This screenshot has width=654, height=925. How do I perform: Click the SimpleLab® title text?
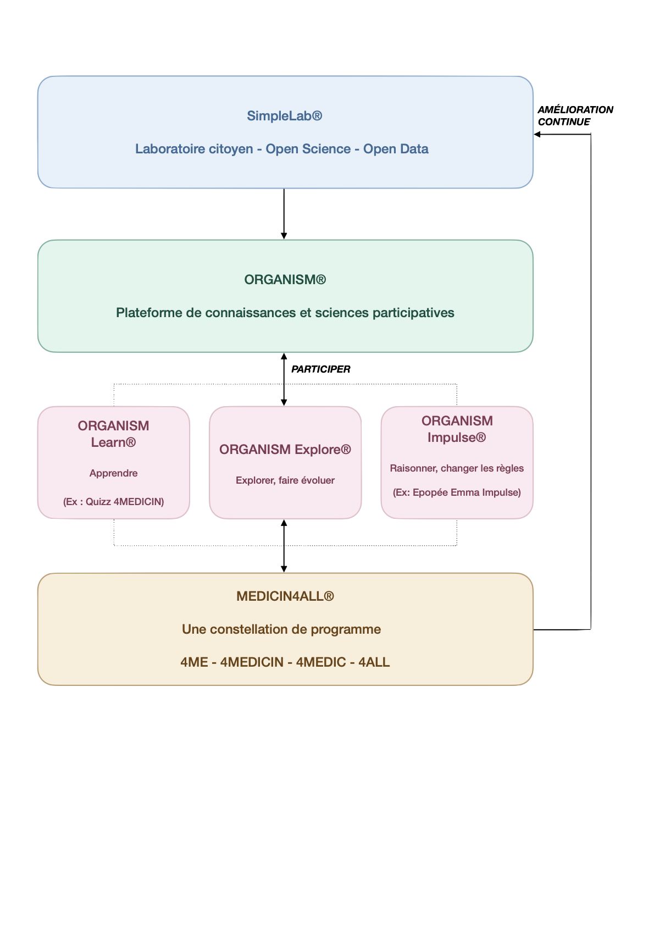click(284, 115)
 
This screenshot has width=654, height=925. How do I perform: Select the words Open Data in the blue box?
click(396, 148)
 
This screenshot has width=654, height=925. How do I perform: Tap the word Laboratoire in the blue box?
click(194, 148)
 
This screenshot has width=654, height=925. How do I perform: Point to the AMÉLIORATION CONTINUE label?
click(575, 115)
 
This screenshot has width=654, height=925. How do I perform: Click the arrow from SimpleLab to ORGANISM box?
click(284, 214)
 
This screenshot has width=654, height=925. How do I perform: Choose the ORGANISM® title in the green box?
click(285, 280)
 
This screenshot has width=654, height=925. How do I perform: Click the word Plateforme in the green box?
click(149, 313)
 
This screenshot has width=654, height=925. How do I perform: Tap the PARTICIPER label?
click(320, 369)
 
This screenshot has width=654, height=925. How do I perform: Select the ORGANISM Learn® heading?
click(114, 434)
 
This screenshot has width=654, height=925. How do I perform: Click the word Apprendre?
click(114, 473)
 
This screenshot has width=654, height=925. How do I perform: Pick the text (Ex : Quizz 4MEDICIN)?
click(114, 502)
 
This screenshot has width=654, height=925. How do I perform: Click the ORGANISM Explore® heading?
click(285, 449)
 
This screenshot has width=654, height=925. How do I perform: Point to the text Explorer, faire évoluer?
click(285, 480)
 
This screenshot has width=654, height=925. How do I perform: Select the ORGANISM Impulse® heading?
click(457, 429)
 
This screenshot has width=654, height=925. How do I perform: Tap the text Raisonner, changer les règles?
click(457, 468)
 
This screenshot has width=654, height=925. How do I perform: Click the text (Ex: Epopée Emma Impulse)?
click(457, 492)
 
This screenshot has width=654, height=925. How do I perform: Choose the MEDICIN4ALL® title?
click(285, 596)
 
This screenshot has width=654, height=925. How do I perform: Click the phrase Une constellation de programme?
click(281, 629)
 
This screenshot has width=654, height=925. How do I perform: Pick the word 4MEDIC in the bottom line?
click(321, 662)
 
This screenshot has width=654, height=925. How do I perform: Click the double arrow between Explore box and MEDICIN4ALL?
click(284, 546)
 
